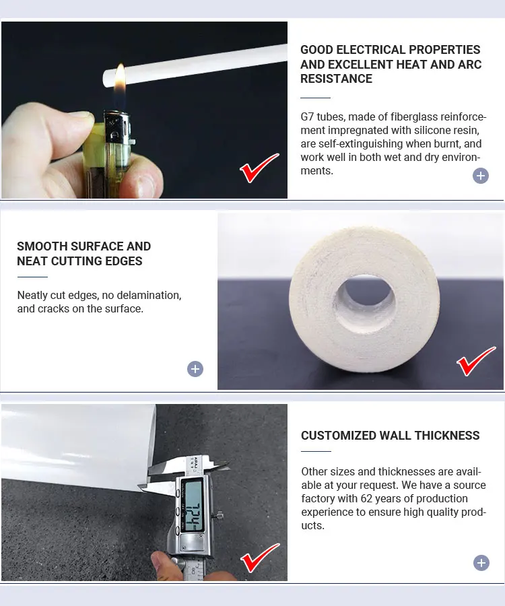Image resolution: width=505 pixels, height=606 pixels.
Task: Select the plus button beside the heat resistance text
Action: [481, 176]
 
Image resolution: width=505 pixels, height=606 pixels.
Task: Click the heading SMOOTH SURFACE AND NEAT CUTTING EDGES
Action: [83, 254]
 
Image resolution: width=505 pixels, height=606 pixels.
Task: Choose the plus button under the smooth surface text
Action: [195, 369]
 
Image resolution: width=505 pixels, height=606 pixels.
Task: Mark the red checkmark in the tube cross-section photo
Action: [475, 362]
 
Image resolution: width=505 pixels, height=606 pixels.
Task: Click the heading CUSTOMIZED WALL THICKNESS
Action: [390, 436]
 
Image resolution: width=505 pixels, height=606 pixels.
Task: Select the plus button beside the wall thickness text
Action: [481, 563]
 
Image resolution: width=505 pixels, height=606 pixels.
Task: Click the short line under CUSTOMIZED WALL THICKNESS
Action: [316, 451]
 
